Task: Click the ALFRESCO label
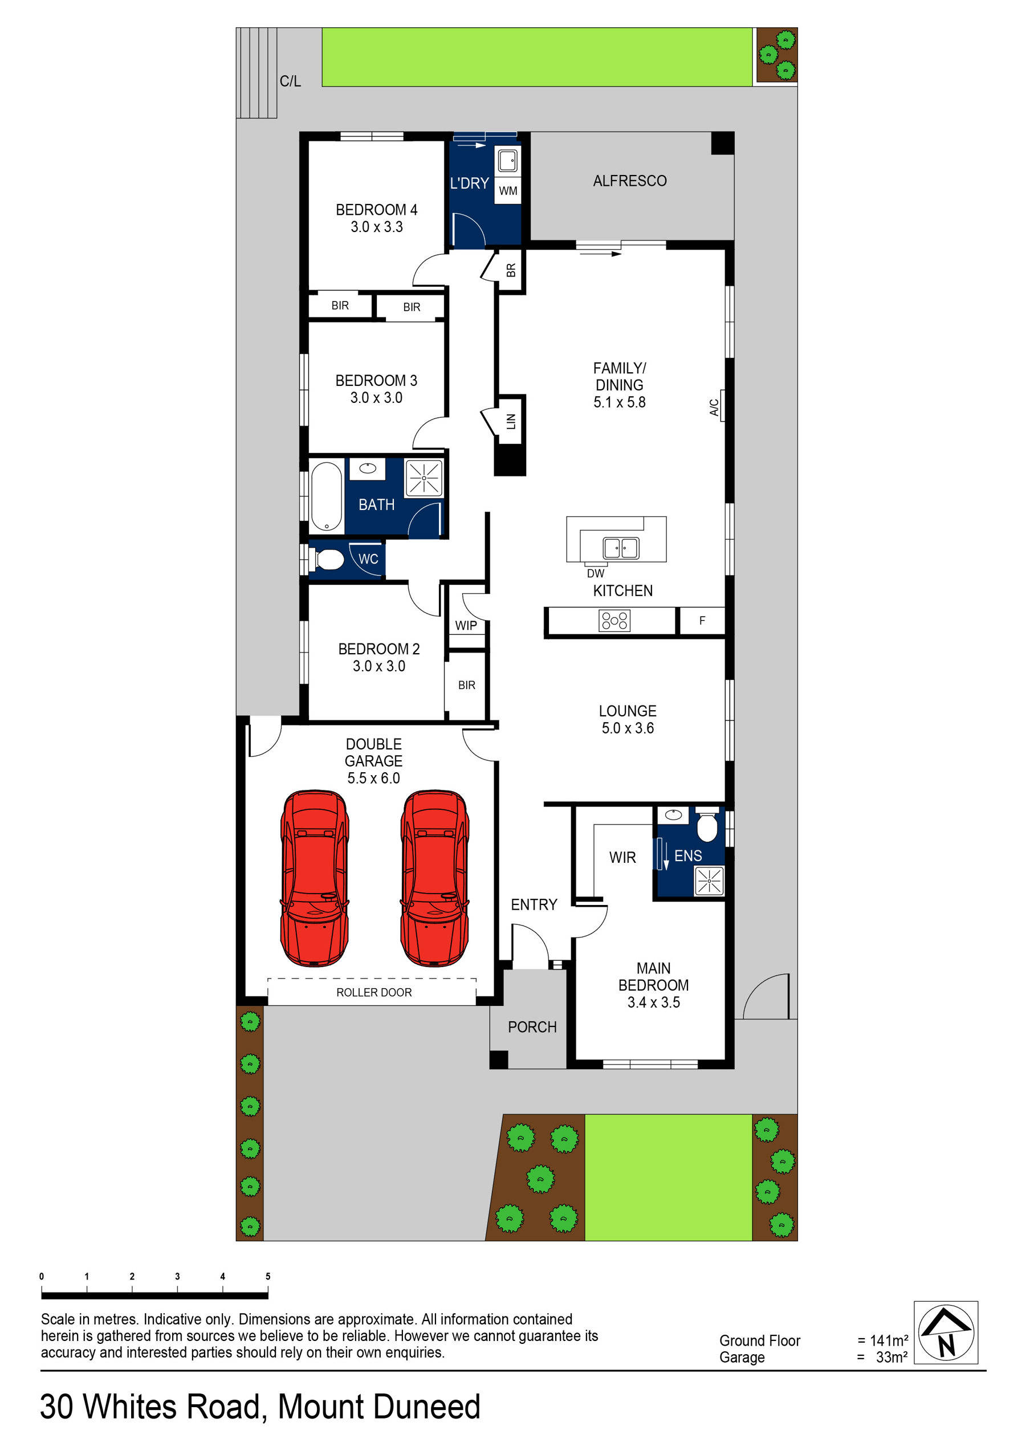[x=629, y=181]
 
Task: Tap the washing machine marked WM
[x=508, y=191]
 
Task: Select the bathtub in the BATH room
[x=325, y=496]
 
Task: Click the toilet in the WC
[x=328, y=559]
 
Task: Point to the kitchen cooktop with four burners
[x=614, y=621]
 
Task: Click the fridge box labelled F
[x=702, y=621]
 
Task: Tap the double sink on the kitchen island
[x=620, y=547]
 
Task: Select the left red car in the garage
[x=314, y=878]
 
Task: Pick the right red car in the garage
[x=434, y=878]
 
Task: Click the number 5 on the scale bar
[x=268, y=1276]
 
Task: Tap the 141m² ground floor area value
[x=889, y=1340]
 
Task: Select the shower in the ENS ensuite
[x=709, y=881]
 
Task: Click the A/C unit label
[x=714, y=407]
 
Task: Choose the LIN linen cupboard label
[x=511, y=421]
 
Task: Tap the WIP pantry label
[x=466, y=626]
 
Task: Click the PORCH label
[x=532, y=1027]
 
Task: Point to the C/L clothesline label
[x=290, y=81]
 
